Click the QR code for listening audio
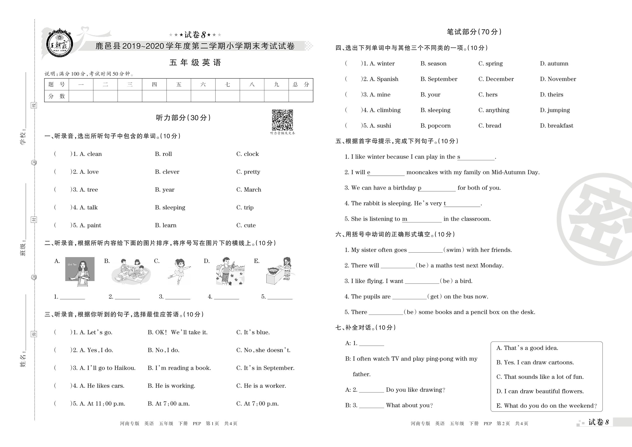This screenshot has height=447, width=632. [282, 120]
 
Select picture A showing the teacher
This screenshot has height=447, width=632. [80, 271]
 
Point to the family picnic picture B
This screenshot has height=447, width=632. [131, 271]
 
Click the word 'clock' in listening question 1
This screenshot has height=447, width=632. [251, 154]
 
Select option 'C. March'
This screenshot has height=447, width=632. [249, 190]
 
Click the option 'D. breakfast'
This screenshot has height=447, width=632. [556, 126]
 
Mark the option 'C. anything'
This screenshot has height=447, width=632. [494, 110]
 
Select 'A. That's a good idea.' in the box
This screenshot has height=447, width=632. [527, 348]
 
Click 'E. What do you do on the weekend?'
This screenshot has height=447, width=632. [546, 406]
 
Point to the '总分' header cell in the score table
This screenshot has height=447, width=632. [301, 84]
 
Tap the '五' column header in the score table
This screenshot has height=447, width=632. [179, 84]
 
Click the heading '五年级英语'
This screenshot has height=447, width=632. [195, 62]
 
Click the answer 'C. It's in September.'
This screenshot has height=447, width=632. [265, 368]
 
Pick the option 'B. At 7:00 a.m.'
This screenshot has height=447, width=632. [169, 404]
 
